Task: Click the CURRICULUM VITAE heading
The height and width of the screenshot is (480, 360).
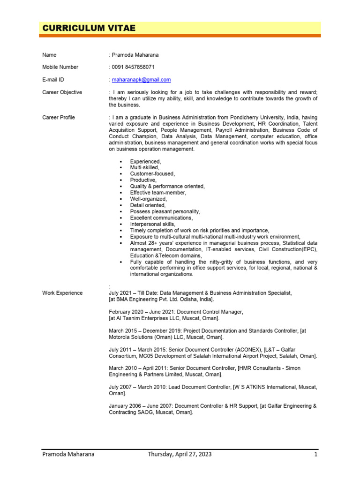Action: [x=89, y=28]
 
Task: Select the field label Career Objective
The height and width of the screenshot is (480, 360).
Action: [x=62, y=92]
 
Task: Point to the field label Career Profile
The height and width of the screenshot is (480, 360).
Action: [x=59, y=117]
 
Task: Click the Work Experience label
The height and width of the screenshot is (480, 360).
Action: [x=62, y=293]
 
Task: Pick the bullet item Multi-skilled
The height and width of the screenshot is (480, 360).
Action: [x=145, y=167]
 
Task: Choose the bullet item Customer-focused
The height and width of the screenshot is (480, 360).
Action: [x=152, y=174]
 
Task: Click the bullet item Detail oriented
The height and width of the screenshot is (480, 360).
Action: [x=148, y=205]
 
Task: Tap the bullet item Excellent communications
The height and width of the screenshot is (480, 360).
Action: [x=161, y=218]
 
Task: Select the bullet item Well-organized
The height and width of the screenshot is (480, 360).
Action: [x=149, y=199]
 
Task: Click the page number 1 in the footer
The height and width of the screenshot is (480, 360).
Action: [x=316, y=454]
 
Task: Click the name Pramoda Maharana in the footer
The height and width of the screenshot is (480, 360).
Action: [x=68, y=454]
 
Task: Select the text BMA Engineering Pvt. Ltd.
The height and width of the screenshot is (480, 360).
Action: [x=149, y=299]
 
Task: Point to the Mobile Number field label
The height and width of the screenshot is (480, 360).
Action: [x=60, y=67]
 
